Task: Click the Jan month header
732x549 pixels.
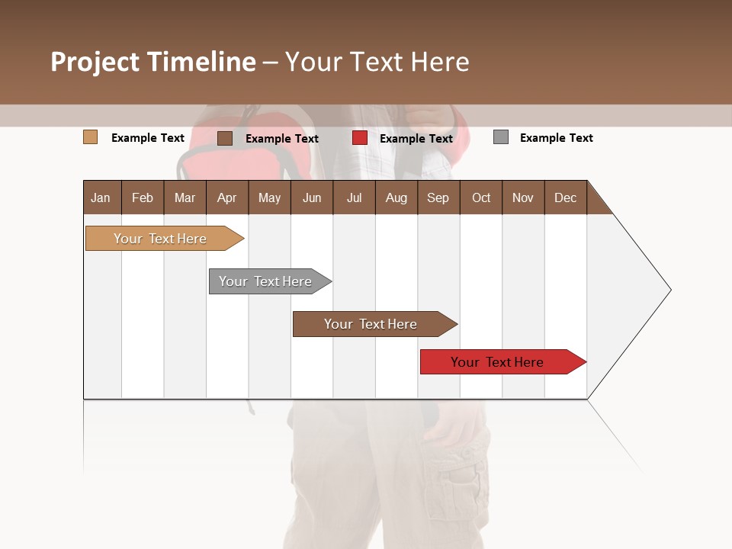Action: (x=101, y=197)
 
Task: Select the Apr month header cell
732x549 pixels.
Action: (x=227, y=197)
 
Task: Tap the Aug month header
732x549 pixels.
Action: (x=396, y=197)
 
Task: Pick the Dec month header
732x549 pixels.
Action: (x=566, y=197)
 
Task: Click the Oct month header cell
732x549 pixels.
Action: (x=481, y=197)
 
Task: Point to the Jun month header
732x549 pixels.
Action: (x=312, y=197)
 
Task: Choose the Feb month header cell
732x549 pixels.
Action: (x=143, y=197)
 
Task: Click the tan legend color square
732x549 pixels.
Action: (x=91, y=137)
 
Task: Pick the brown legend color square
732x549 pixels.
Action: (x=225, y=138)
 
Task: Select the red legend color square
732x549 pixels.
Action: (x=360, y=138)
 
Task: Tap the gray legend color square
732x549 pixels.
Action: (x=501, y=137)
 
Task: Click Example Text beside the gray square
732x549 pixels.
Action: (x=556, y=138)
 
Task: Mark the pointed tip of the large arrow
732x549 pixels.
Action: (x=669, y=290)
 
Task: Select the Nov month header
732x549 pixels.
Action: (x=523, y=197)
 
